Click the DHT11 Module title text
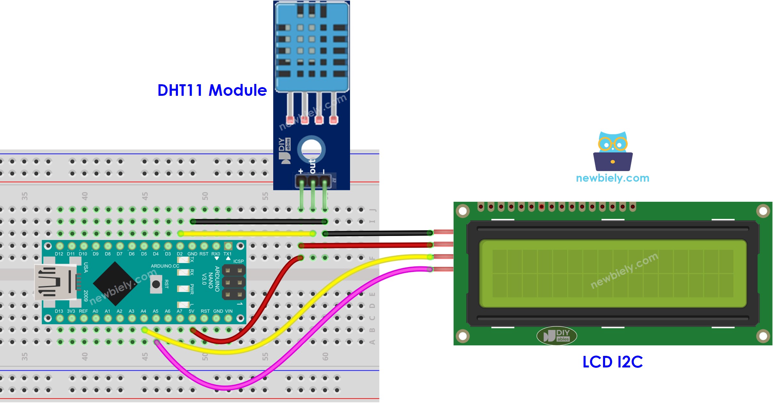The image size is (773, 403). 212,90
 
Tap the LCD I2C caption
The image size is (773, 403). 612,362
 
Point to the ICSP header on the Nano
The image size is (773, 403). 234,282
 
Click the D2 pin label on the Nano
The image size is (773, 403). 180,254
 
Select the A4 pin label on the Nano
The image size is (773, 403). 143,311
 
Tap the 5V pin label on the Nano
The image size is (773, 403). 191,311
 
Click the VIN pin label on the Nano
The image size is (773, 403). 229,311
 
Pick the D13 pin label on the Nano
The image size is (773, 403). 59,311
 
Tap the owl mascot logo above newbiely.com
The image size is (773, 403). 612,151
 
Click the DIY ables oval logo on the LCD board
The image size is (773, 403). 556,336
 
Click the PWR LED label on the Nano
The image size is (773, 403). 192,289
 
